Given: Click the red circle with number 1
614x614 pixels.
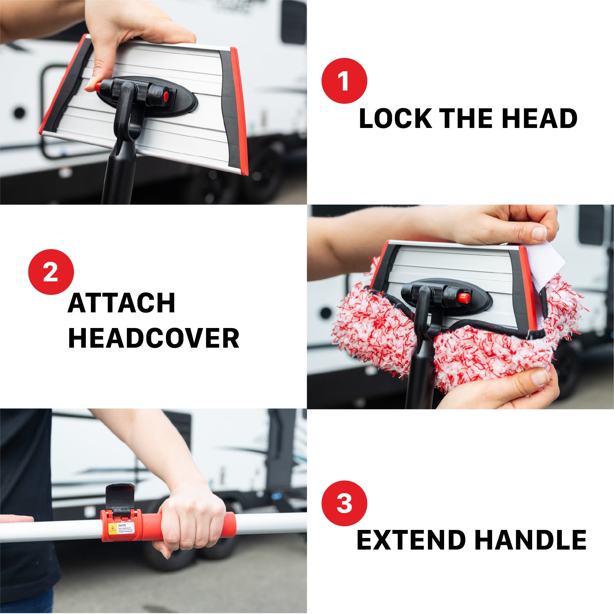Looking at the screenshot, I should [344, 81].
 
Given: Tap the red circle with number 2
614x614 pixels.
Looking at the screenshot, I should [51, 272].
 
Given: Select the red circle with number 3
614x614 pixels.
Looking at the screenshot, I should [344, 503].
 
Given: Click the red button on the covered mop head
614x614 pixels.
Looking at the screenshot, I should [464, 298].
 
